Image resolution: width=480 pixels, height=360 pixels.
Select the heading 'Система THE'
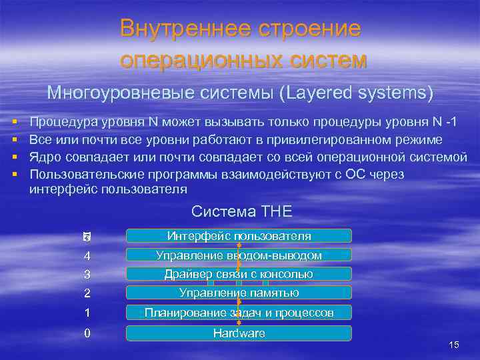[241, 212]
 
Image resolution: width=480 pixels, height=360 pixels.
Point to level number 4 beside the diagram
[87, 256]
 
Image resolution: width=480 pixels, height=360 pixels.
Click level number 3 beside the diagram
[87, 275]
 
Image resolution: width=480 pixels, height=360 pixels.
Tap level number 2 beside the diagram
[87, 293]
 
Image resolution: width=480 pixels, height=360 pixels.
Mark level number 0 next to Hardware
[87, 333]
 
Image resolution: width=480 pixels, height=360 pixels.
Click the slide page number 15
[455, 345]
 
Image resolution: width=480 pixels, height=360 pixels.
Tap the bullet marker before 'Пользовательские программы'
[14, 174]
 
